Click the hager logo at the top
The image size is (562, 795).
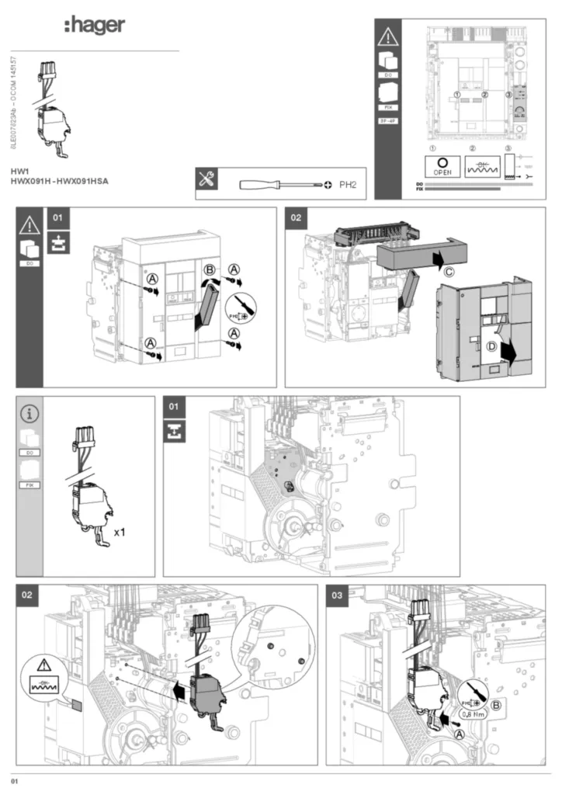[95, 26]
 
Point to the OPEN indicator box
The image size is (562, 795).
[442, 165]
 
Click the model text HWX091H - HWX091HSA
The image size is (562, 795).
[59, 181]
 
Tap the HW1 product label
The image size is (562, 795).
[19, 170]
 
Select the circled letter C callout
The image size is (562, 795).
[449, 271]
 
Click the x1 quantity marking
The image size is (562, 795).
[120, 533]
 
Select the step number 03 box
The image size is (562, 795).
[337, 595]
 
